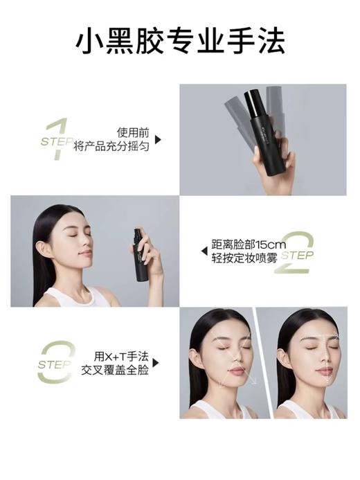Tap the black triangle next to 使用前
(158, 139)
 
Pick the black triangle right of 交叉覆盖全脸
(156, 363)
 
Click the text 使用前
(132, 131)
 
